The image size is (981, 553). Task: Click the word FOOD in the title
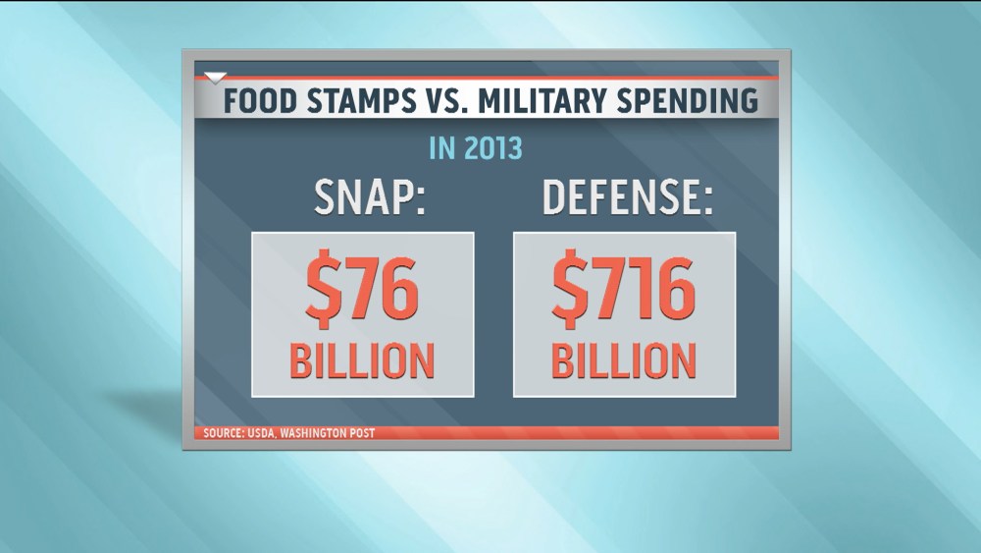(256, 101)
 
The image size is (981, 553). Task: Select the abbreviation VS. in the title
(445, 101)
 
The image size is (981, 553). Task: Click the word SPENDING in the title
(690, 101)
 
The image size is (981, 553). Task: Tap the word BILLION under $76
(363, 359)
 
